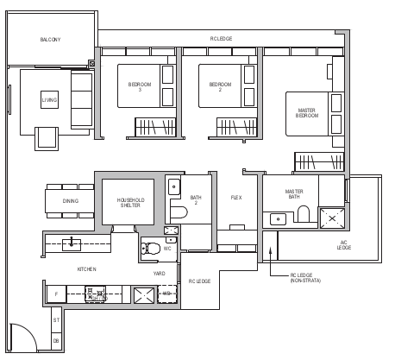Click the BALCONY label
(49, 40)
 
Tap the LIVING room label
(50, 101)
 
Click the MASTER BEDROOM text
(307, 112)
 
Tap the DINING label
(70, 201)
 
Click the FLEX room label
(236, 198)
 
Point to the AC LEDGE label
(343, 245)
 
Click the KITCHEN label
(86, 269)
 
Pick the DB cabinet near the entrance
(57, 339)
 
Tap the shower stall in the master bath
(332, 217)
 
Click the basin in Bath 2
(172, 185)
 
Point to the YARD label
(160, 274)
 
